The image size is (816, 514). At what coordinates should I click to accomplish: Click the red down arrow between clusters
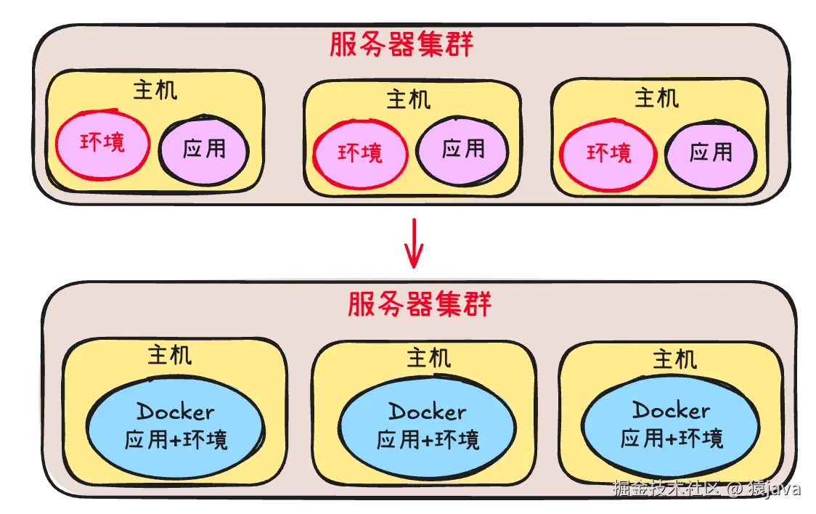(413, 242)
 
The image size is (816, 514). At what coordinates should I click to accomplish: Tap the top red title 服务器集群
(401, 45)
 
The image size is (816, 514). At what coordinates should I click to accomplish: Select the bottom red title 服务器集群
(420, 304)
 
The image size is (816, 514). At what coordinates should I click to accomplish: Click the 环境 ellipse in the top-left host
(102, 143)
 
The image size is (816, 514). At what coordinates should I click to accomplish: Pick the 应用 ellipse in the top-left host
(204, 150)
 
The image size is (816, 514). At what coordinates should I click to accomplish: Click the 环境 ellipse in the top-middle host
(359, 154)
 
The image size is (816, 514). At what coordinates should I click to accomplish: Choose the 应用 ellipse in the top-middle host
(462, 150)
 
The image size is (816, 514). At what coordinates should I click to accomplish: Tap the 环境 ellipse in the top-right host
(608, 153)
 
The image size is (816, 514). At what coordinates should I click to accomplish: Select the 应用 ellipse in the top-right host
(711, 152)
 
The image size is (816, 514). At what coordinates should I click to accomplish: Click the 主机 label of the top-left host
(155, 91)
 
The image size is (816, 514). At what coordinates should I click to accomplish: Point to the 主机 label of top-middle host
(409, 99)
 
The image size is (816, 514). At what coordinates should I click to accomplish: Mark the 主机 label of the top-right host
(656, 98)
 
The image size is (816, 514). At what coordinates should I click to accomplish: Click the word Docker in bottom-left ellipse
(176, 412)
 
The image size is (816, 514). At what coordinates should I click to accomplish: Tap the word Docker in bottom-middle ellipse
(427, 412)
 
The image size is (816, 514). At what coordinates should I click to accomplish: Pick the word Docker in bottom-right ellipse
(671, 410)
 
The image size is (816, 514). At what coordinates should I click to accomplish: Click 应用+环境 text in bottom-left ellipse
(176, 440)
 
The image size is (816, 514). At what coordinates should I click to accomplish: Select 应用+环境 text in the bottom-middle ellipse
(428, 439)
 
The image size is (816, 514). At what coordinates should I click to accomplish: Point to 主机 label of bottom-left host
(170, 355)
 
